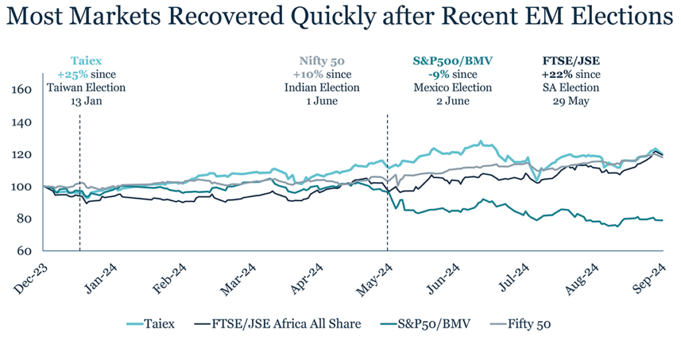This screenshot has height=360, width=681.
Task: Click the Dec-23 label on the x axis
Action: pyautogui.click(x=29, y=275)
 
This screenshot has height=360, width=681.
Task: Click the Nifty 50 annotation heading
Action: pyautogui.click(x=322, y=60)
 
